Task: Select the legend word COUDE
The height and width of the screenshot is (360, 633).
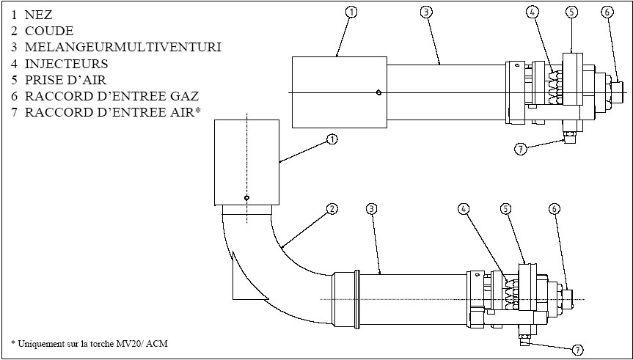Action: click(x=49, y=31)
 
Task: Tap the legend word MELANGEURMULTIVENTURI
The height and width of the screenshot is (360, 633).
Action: click(x=122, y=47)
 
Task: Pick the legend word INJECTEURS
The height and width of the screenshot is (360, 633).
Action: click(x=67, y=64)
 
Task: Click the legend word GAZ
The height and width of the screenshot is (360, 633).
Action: click(x=184, y=95)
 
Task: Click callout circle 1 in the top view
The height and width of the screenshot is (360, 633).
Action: click(x=352, y=12)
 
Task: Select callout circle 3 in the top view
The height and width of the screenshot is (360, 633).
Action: click(x=425, y=12)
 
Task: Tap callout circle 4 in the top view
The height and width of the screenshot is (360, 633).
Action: click(x=533, y=12)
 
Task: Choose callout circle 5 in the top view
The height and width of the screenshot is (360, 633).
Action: click(x=573, y=12)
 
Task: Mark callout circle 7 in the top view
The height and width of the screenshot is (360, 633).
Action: click(x=520, y=149)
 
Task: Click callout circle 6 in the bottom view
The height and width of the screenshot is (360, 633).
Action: click(x=554, y=209)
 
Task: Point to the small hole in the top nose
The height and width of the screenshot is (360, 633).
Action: click(x=377, y=92)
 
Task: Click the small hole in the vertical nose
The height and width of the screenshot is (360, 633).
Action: click(x=247, y=197)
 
